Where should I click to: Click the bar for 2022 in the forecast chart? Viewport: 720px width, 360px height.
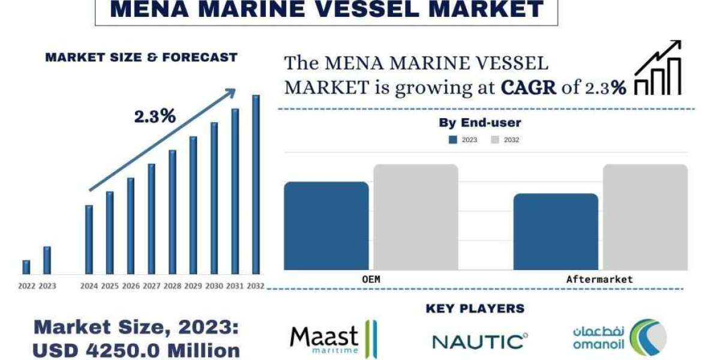point(26,267)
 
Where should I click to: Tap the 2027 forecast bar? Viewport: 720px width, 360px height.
point(151,219)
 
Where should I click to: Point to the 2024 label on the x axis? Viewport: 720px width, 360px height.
point(89,286)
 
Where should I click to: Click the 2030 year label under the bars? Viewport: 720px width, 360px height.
point(214,286)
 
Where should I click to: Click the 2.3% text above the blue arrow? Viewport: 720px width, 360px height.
point(155,116)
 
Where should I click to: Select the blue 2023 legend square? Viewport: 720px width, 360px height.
point(453,140)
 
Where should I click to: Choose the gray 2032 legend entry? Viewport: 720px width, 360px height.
point(505,140)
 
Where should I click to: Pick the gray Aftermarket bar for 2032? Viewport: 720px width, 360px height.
point(645,217)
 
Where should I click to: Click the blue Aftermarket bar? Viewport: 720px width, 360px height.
point(556,232)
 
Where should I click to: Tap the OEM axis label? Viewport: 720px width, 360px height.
point(371,279)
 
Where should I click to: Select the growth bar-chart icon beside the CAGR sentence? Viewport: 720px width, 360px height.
point(658,69)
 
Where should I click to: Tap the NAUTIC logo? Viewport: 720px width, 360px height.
point(480,341)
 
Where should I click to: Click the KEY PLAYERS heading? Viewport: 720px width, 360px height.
point(475,308)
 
